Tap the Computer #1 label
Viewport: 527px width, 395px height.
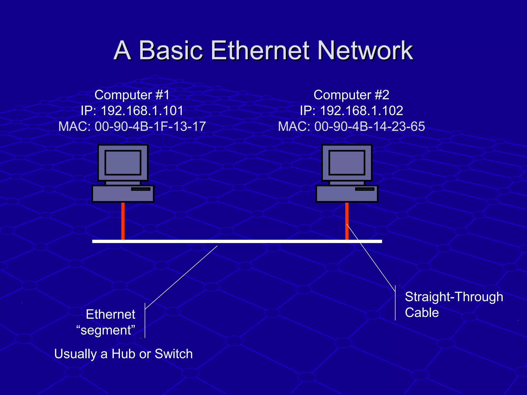pos(132,95)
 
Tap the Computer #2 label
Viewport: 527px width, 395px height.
pos(351,95)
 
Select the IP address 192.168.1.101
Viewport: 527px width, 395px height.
pos(142,111)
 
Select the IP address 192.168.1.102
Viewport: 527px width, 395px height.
pos(361,111)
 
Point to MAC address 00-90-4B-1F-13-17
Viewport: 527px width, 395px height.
pos(150,127)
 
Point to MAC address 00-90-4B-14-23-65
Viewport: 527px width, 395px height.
pos(370,127)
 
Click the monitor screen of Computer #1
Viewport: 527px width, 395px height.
pos(123,163)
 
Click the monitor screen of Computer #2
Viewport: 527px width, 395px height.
pos(347,163)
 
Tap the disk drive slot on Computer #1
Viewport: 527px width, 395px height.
pos(141,189)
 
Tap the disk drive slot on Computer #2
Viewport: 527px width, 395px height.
pos(365,189)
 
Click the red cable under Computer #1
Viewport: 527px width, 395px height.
pos(123,221)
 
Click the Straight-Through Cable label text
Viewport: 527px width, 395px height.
pos(454,304)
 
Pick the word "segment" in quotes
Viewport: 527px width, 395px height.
pos(106,330)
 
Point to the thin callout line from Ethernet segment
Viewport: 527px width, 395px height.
pos(181,277)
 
